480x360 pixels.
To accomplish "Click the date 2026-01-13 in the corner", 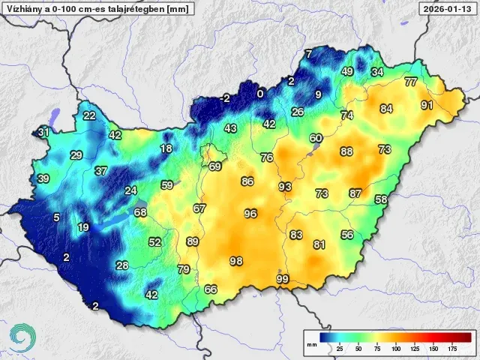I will [448, 9].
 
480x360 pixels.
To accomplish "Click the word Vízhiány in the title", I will [22, 9].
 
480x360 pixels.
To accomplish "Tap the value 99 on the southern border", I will [283, 279].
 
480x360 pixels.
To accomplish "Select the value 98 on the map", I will [236, 261].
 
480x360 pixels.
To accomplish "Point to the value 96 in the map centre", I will [250, 214].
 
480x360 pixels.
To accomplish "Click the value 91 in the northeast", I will [427, 105].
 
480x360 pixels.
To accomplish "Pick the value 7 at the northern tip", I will [308, 53].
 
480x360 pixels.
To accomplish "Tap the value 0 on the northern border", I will [260, 94].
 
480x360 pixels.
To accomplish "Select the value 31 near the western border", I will [44, 133].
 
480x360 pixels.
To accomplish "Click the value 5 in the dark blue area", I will [56, 217].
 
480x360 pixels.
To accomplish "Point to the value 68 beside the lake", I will [140, 212].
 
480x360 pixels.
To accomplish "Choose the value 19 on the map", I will [83, 227].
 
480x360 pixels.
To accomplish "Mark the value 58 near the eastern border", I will [381, 199].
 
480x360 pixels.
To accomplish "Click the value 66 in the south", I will [211, 289].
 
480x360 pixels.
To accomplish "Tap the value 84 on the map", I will [386, 109].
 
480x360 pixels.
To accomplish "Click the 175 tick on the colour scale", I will [452, 349].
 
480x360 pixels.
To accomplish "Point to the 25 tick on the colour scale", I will [339, 349].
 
